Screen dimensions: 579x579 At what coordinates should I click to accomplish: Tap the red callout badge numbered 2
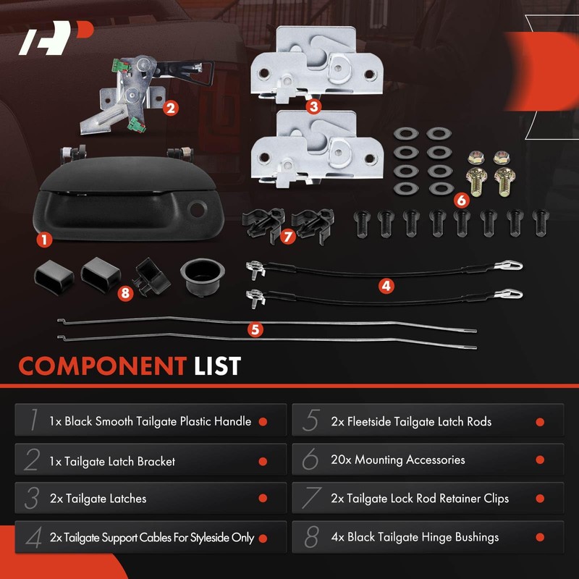(170, 109)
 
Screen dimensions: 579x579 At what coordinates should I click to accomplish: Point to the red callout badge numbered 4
(386, 286)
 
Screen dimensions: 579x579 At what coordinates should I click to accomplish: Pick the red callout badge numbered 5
(254, 329)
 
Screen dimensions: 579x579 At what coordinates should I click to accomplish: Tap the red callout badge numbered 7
(287, 237)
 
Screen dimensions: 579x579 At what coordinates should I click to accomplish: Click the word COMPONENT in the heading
(102, 366)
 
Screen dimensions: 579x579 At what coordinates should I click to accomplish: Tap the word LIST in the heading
(217, 366)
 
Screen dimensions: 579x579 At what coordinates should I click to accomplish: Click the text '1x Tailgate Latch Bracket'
(112, 460)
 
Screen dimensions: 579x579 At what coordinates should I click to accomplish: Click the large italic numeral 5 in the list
(310, 421)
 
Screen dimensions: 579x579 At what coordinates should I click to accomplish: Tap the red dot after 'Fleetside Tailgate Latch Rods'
(540, 422)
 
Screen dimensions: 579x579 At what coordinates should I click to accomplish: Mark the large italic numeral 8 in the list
(311, 538)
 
